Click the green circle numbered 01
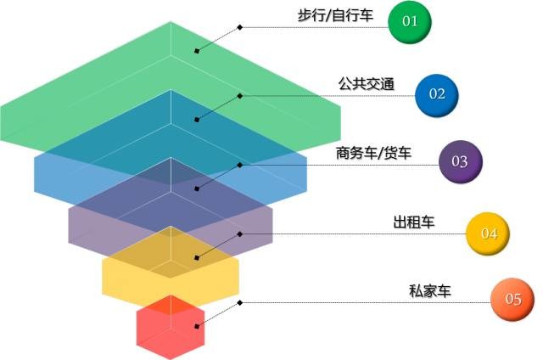click(x=410, y=22)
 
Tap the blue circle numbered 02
click(x=437, y=94)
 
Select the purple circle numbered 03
click(x=460, y=161)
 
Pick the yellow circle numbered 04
click(x=488, y=233)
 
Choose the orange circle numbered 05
click(x=512, y=300)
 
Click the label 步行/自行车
click(x=335, y=15)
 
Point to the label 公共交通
click(x=367, y=84)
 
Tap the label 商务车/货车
click(x=373, y=153)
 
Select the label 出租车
click(x=414, y=222)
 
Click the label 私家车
click(x=430, y=290)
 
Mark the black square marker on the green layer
click(x=197, y=51)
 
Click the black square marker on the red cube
click(x=197, y=326)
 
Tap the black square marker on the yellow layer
click(x=197, y=258)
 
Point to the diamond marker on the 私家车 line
click(x=239, y=303)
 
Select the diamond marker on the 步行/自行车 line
click(x=239, y=27)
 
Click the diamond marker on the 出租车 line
click(x=239, y=234)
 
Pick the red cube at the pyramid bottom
click(x=171, y=328)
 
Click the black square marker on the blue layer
click(x=197, y=120)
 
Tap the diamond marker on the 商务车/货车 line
click(x=239, y=166)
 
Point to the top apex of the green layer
click(x=171, y=22)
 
